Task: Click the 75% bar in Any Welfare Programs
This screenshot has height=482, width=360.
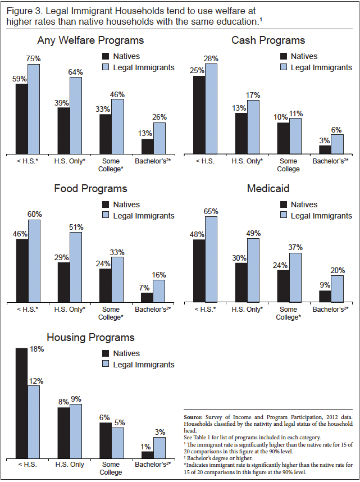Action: point(34,109)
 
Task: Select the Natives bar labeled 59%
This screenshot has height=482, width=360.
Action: point(21,119)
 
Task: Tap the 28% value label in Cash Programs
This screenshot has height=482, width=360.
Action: point(211,59)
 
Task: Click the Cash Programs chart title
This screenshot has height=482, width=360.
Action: point(268,40)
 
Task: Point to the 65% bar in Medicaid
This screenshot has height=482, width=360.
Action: point(211,259)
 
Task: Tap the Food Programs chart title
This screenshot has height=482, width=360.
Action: point(90,189)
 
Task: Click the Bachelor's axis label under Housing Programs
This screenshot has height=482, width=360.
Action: point(152,465)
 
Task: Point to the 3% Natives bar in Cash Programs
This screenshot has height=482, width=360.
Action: point(325,149)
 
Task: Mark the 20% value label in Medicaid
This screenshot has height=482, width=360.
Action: point(337,270)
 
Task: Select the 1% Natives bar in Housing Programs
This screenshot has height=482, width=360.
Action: point(147,454)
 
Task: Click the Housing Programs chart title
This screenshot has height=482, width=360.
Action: point(90,338)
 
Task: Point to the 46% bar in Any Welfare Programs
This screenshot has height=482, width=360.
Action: point(117,126)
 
